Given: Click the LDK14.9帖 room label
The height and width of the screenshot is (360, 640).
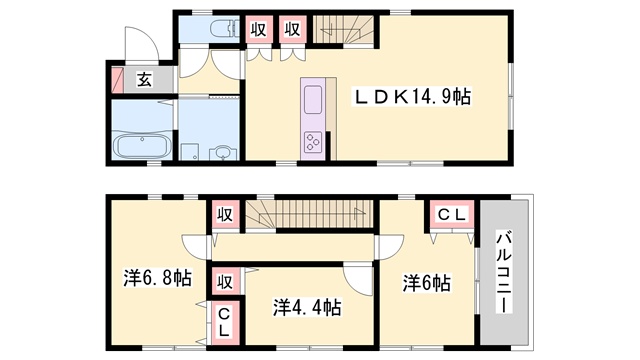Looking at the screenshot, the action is (412, 97).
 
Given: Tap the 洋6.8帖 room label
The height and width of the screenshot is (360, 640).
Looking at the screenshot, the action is (158, 278).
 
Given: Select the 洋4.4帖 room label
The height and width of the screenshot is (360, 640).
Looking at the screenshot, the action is (307, 307).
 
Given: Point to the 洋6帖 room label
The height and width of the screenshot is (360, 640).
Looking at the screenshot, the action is (427, 282).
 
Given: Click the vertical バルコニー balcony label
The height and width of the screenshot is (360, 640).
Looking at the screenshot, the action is (504, 272).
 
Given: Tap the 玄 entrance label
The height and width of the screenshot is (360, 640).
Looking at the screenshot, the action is (144, 80).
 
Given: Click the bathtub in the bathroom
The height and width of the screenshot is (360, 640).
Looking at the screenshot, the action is (142, 146).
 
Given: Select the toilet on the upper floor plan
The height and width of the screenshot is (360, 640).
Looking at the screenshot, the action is (224, 29).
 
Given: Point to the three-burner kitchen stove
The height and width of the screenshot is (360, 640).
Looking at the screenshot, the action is (313, 142).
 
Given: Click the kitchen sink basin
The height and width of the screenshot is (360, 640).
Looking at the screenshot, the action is (313, 99).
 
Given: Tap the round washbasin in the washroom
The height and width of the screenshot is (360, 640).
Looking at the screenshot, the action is (223, 153).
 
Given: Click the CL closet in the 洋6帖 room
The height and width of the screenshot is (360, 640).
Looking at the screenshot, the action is (452, 214).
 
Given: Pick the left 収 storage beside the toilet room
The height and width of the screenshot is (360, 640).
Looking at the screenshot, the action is (258, 29).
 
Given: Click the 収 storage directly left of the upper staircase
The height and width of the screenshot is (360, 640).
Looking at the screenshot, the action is (293, 29).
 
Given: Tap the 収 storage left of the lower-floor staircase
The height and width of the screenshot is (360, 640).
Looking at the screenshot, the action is (225, 214).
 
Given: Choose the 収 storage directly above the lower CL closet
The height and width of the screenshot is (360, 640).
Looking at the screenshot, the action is (225, 282).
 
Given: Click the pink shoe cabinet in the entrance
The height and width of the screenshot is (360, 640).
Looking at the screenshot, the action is (118, 80).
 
